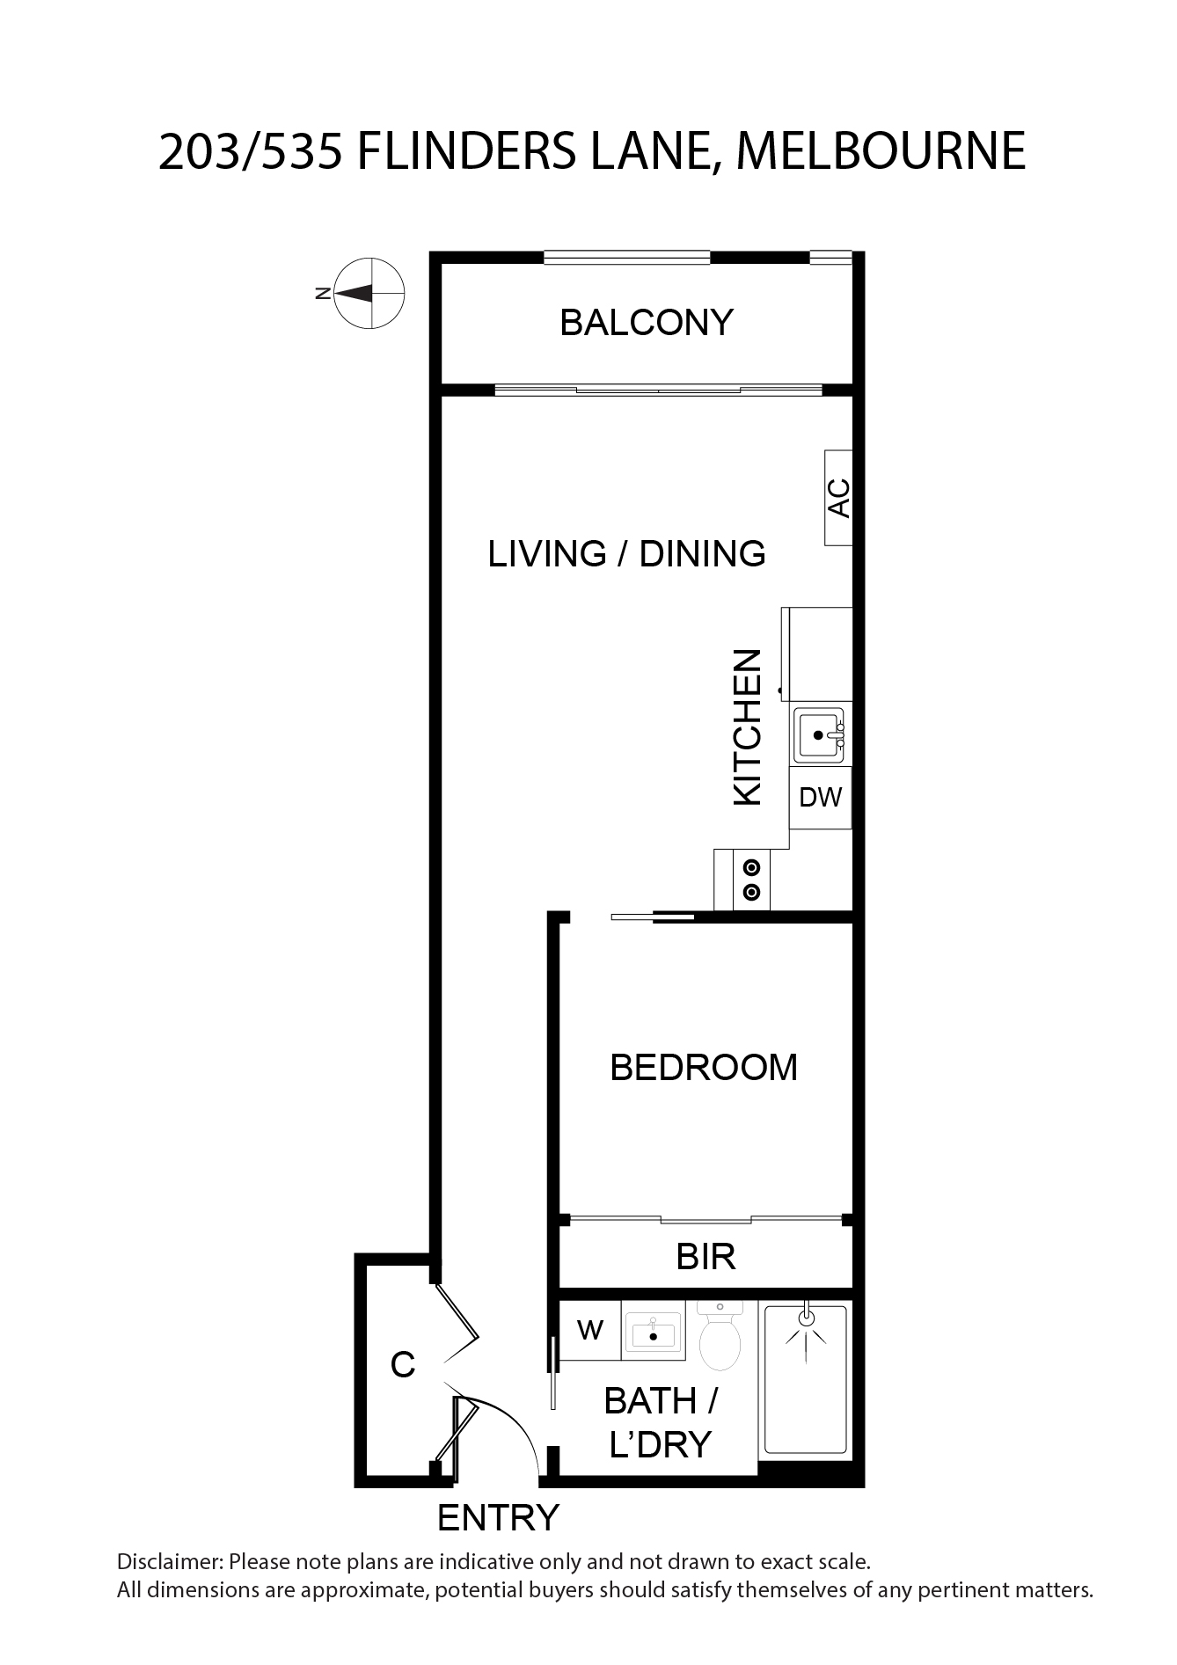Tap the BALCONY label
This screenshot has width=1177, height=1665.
click(647, 323)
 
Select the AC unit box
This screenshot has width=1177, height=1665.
click(838, 497)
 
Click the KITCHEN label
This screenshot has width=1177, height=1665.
click(747, 727)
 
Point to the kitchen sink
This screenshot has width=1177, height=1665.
click(820, 734)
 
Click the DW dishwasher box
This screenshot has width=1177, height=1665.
click(821, 798)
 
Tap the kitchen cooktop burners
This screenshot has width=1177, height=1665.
click(752, 880)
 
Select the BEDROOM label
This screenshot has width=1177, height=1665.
click(704, 1067)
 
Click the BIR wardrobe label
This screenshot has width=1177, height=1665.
click(705, 1257)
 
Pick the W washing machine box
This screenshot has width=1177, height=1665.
click(590, 1330)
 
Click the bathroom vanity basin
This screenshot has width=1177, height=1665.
click(654, 1332)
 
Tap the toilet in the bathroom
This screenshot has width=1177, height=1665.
click(720, 1337)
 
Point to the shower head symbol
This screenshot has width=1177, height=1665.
click(806, 1327)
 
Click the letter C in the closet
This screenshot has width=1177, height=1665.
click(403, 1365)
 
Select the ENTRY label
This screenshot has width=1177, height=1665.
click(498, 1518)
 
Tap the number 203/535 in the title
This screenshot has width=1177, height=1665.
click(251, 151)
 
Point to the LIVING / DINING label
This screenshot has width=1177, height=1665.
click(627, 554)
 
